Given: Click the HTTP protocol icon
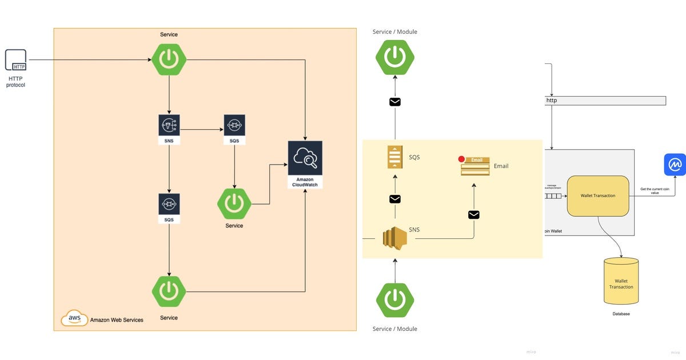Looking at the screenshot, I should point(16,60).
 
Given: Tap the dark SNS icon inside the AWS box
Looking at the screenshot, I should point(169,125).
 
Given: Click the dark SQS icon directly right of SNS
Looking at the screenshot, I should point(234,125).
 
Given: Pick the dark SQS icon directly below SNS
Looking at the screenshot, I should point(169,204).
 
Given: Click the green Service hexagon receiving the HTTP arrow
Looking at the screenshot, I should point(169,59).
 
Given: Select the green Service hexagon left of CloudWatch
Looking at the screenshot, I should point(234,203).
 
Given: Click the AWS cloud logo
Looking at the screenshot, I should point(74,318).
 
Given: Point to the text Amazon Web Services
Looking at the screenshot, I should point(117,320).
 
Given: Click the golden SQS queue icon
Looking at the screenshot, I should point(395,157).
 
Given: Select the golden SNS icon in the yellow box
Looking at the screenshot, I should point(394,238).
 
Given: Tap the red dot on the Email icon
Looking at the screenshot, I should point(461,159).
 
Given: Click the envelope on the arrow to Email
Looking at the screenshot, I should point(473,215).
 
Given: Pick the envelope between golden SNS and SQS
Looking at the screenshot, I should point(395,199).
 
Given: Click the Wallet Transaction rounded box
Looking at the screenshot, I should point(598,196).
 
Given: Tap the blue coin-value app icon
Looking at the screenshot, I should point(675,165).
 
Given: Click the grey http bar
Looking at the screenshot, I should point(605,101).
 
